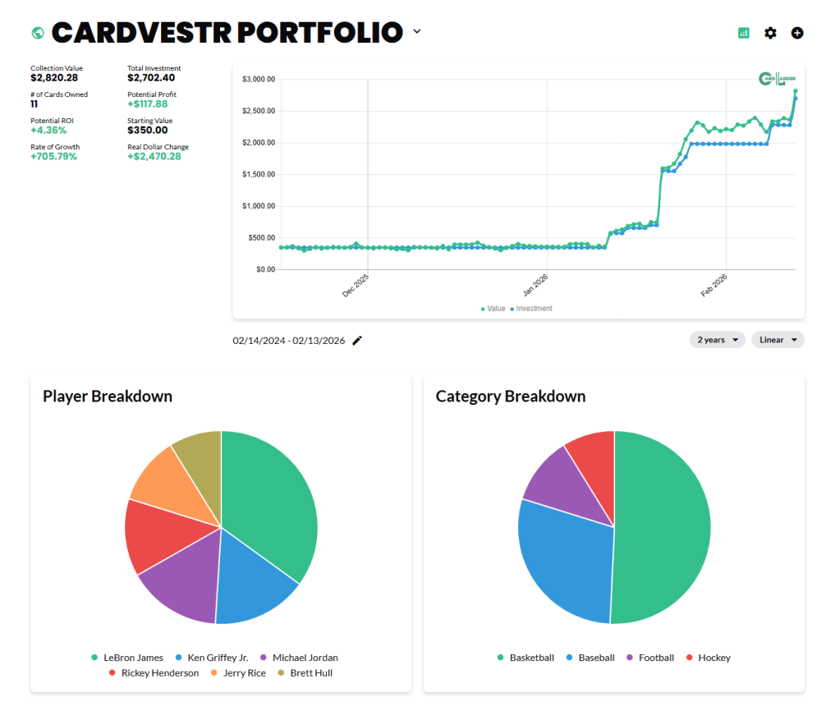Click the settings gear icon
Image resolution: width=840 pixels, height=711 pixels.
pyautogui.click(x=770, y=33)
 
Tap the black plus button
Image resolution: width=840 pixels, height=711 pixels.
pyautogui.click(x=797, y=33)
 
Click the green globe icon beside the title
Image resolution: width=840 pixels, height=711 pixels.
pyautogui.click(x=37, y=33)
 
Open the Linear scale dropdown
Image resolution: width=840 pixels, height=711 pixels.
pyautogui.click(x=778, y=340)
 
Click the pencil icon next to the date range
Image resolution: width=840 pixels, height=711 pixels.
pyautogui.click(x=357, y=341)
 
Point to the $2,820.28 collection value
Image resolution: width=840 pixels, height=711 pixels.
pyautogui.click(x=54, y=78)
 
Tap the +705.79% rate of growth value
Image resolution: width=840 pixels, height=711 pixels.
pyautogui.click(x=54, y=157)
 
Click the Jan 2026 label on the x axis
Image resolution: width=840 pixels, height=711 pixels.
pyautogui.click(x=536, y=285)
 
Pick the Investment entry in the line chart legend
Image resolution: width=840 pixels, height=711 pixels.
pyautogui.click(x=534, y=309)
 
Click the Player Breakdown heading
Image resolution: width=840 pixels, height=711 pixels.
pyautogui.click(x=108, y=397)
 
